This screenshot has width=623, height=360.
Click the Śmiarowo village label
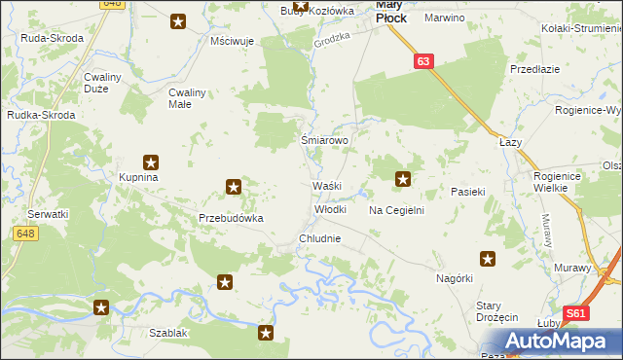[325, 140]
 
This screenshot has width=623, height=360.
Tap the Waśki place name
[325, 185]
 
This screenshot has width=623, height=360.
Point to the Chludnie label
[320, 237]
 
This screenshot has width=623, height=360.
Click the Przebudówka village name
[232, 218]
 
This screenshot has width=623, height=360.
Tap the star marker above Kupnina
[151, 162]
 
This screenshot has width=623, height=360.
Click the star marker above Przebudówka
[234, 185]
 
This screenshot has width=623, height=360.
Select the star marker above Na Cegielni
[403, 178]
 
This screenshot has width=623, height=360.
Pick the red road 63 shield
[421, 61]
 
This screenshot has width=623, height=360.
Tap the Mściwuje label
[232, 43]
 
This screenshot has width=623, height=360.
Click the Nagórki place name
[454, 278]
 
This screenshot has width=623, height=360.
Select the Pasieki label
[467, 193]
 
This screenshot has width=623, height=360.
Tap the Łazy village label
[511, 142]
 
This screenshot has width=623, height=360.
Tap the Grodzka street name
[330, 44]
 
